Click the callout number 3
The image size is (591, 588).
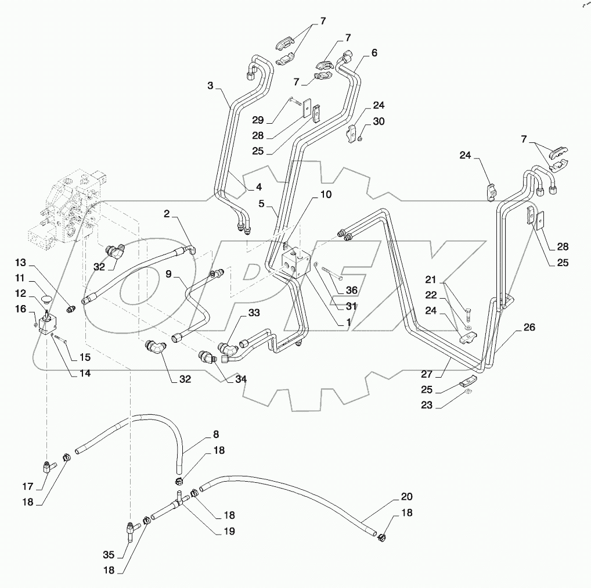[x=210, y=86]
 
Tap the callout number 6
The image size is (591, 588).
[x=374, y=53]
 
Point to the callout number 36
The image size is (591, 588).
[x=351, y=291]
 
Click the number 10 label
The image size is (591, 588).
[x=326, y=195]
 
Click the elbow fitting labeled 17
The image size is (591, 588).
[x=46, y=466]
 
